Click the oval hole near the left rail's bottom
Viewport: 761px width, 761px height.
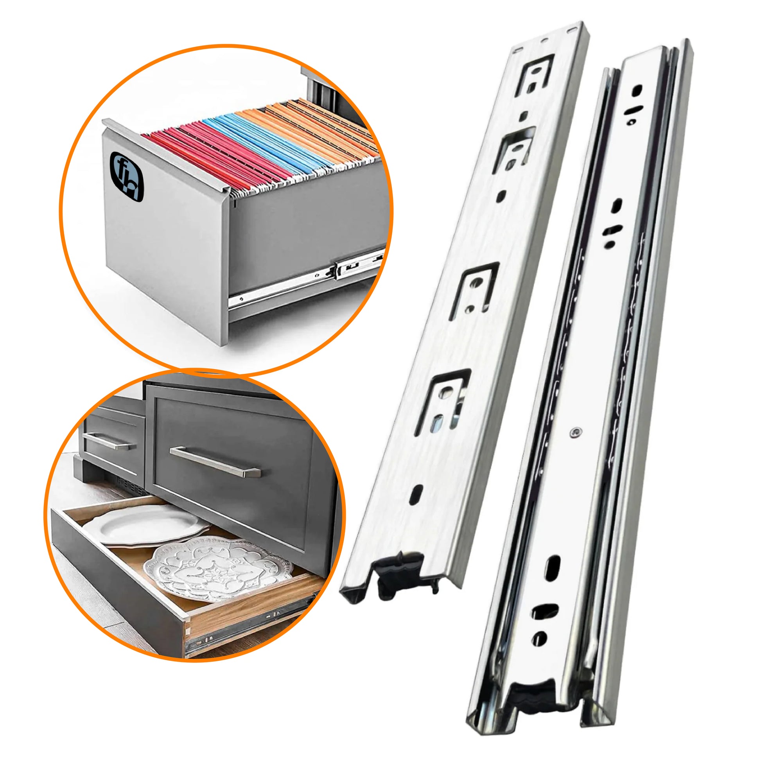pos(416,494)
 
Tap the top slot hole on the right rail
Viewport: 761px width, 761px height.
pos(637,90)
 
